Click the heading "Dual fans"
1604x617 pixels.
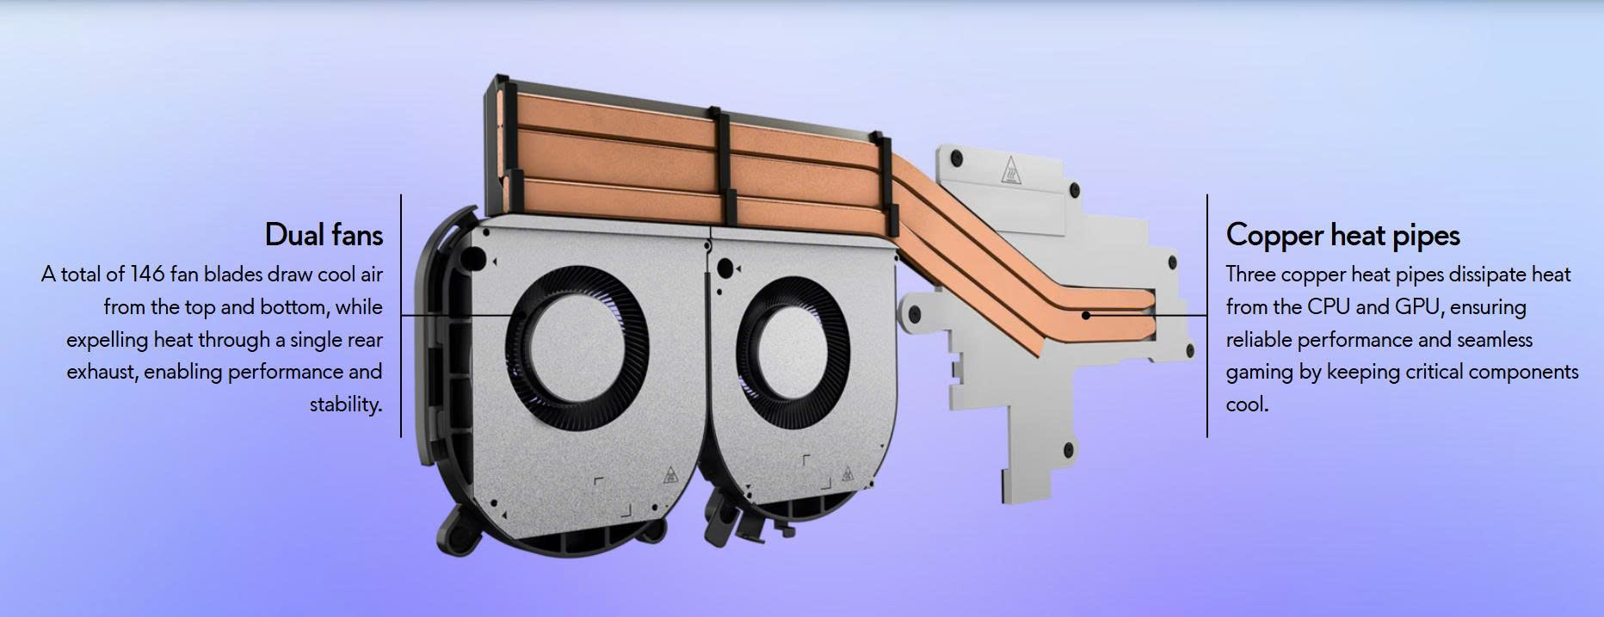[324, 235]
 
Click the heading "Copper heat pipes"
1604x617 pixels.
[1343, 236]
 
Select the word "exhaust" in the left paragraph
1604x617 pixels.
[101, 373]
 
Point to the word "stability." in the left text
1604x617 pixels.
[346, 404]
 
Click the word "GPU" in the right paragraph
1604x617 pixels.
[1410, 307]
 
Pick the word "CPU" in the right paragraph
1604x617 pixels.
[1329, 307]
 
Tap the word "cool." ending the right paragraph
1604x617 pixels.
[1247, 404]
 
